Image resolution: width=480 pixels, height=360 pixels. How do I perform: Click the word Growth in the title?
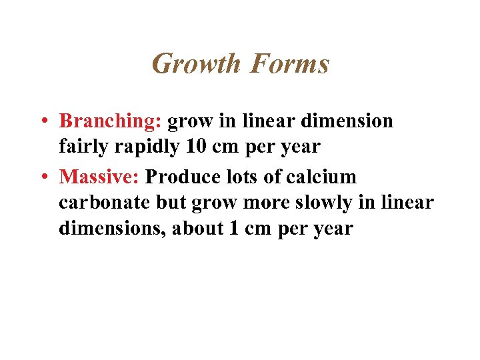click(196, 64)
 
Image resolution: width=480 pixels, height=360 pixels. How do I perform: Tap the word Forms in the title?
click(290, 64)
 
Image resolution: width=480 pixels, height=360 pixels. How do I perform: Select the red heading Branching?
click(111, 121)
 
